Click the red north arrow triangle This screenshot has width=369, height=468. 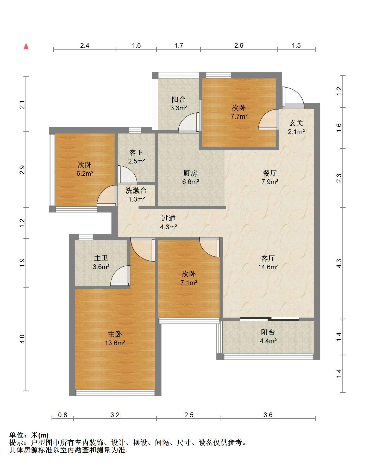[26, 46]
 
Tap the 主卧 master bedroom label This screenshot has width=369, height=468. [115, 334]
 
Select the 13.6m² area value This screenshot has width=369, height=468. [115, 343]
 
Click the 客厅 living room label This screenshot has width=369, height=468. [268, 258]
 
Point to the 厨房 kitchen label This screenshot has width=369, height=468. [190, 173]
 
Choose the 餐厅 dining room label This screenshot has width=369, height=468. [270, 173]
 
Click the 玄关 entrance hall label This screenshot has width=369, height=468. [296, 123]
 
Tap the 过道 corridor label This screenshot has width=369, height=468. [168, 218]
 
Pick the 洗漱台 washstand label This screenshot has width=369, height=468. [136, 191]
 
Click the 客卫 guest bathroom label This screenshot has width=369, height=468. [136, 153]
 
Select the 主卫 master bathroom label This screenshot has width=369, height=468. [101, 258]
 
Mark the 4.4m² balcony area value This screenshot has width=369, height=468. [268, 341]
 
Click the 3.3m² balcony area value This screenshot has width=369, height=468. [179, 108]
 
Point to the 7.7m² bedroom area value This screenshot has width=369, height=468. [239, 116]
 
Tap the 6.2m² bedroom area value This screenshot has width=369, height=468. [85, 173]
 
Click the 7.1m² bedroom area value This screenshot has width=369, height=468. [189, 283]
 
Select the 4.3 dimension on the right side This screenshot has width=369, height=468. [339, 263]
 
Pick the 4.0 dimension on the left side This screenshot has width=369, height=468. [22, 339]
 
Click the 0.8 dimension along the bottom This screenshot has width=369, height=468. [62, 415]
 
